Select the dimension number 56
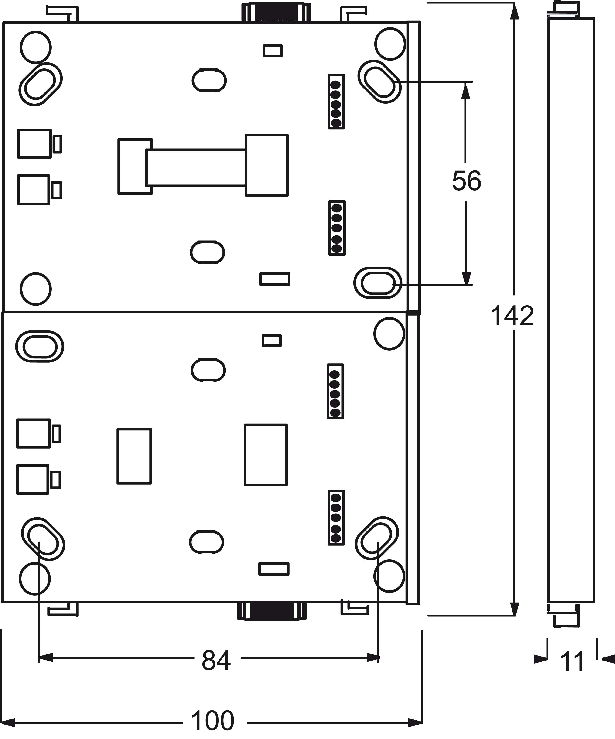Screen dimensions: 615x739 tap(466, 181)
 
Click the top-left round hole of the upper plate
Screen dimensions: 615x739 tap(36, 47)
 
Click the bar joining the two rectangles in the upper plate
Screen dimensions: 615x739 tap(196, 167)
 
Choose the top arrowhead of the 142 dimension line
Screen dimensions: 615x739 tap(515, 10)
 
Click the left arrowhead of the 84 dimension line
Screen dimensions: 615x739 tap(45, 657)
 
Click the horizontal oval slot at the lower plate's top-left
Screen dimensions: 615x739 tap(40, 347)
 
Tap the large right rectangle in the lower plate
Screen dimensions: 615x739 tap(266, 455)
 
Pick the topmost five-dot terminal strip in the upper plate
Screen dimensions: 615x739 tap(336, 102)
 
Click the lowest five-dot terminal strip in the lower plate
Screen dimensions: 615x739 tap(336, 518)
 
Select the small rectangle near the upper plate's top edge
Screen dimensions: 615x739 tap(273, 51)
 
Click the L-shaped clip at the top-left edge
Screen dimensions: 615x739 tap(62, 12)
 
